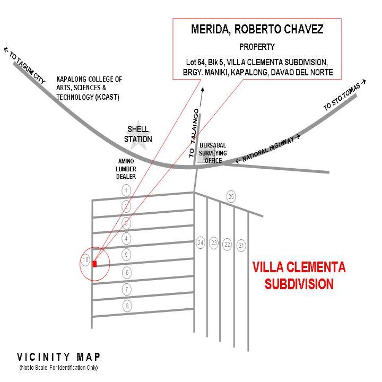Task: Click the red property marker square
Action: [95, 263]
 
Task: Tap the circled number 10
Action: [85, 259]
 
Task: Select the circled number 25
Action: [231, 197]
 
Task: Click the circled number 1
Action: [126, 190]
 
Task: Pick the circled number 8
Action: [127, 306]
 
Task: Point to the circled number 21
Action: [241, 245]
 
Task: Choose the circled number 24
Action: [201, 243]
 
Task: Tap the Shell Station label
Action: [138, 135]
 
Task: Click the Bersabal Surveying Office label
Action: [213, 153]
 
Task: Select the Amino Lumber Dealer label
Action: [126, 168]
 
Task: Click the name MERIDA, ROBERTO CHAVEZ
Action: [257, 30]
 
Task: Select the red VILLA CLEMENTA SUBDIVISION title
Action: [299, 275]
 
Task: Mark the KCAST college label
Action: [89, 88]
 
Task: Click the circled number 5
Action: [127, 255]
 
